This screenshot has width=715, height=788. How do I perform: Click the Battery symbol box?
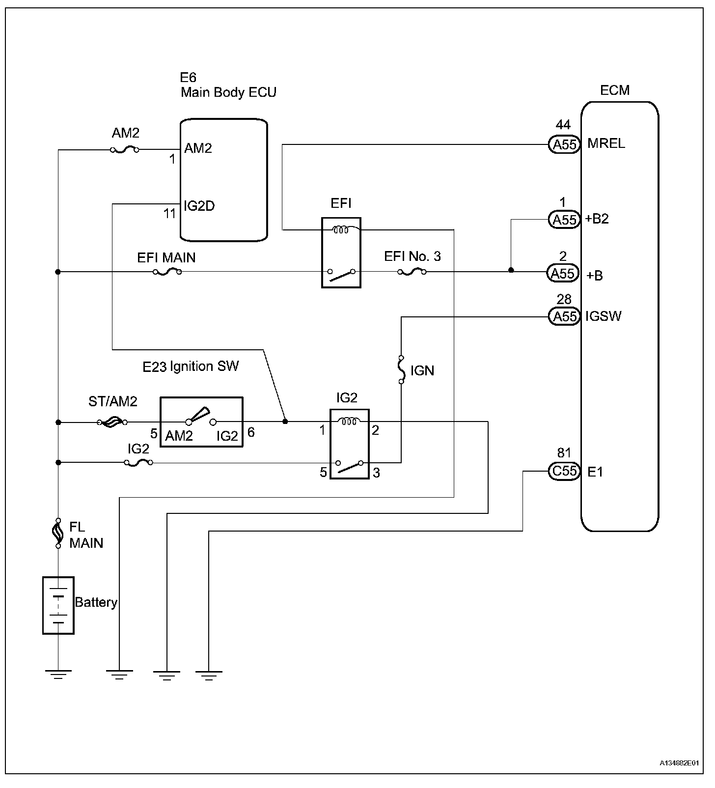[x=58, y=605]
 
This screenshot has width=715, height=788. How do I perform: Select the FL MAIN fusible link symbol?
[x=58, y=533]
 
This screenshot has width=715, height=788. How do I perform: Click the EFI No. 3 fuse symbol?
[x=412, y=271]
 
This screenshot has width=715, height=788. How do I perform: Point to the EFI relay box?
[x=341, y=253]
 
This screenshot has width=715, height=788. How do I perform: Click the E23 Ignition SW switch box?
[x=201, y=422]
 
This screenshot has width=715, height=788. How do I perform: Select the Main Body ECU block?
[x=224, y=180]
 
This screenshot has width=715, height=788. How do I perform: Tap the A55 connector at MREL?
[x=564, y=145]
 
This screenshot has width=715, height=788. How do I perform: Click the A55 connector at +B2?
[x=564, y=220]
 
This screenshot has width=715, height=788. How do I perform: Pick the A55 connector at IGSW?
[x=564, y=316]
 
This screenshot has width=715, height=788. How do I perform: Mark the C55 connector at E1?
[x=564, y=471]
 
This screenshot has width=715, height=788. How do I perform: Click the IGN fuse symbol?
[x=401, y=369]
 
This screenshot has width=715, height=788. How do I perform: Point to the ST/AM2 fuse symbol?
[x=112, y=422]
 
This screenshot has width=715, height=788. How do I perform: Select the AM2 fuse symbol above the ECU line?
[x=125, y=149]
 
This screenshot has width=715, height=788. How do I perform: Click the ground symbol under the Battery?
[x=58, y=674]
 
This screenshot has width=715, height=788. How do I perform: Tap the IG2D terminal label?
[x=199, y=205]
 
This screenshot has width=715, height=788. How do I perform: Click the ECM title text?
[x=615, y=90]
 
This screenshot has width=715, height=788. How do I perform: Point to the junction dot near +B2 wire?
[x=511, y=270]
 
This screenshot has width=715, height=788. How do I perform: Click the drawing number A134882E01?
[x=679, y=763]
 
